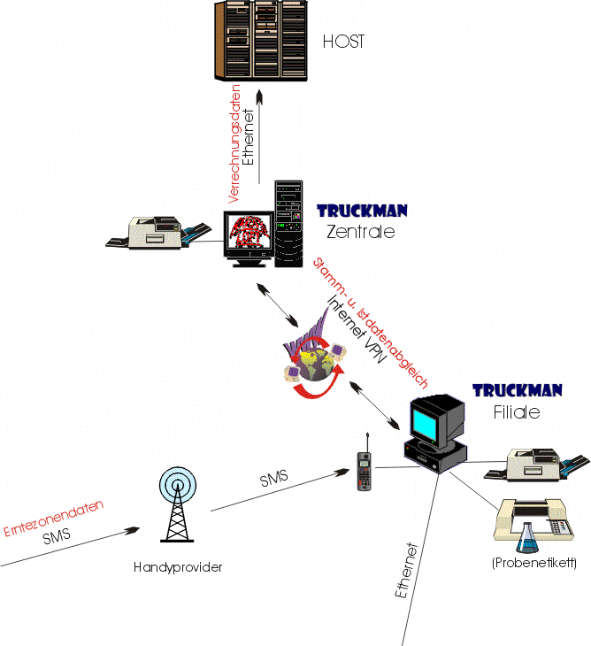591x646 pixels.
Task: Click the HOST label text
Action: pyautogui.click(x=343, y=42)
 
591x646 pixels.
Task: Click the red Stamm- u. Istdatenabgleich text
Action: pyautogui.click(x=372, y=324)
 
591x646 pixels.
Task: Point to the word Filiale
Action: pyautogui.click(x=516, y=412)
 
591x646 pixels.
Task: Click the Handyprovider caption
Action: pyautogui.click(x=178, y=567)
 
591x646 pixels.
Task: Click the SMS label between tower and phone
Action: pyautogui.click(x=274, y=481)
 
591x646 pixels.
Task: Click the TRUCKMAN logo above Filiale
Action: pyautogui.click(x=518, y=390)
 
